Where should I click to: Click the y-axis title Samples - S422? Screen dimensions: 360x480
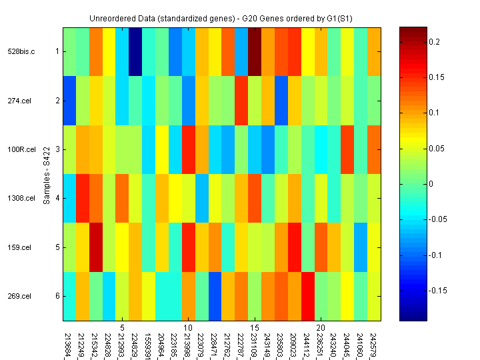pyautogui.click(x=47, y=174)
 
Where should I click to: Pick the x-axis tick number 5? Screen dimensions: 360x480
pyautogui.click(x=122, y=327)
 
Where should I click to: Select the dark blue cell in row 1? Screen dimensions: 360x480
pyautogui.click(x=135, y=51)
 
